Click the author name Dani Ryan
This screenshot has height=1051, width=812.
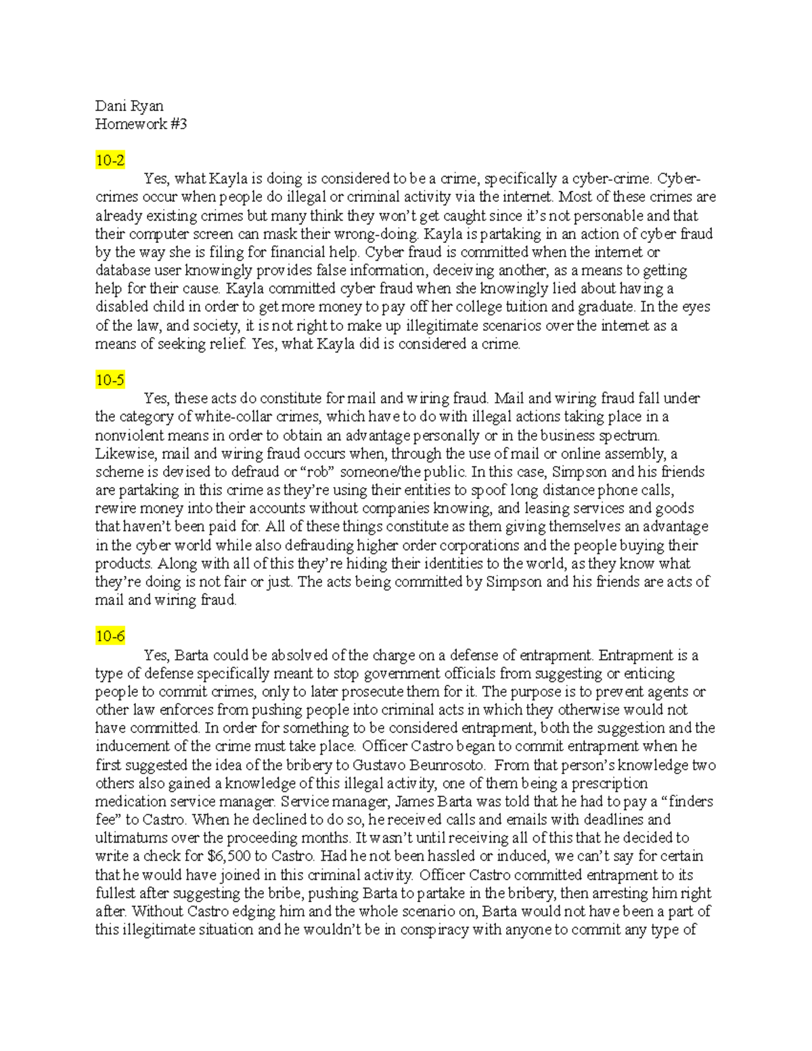pyautogui.click(x=129, y=106)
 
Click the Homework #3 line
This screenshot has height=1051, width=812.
pyautogui.click(x=141, y=124)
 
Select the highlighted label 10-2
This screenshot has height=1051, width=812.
pyautogui.click(x=110, y=160)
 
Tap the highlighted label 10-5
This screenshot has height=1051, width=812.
pyautogui.click(x=110, y=380)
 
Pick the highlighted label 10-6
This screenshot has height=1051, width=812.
pyautogui.click(x=110, y=636)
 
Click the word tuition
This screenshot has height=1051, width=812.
pyautogui.click(x=518, y=307)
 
